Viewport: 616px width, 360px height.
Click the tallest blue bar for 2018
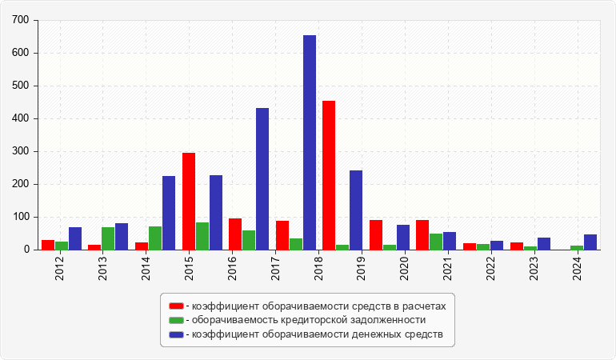[310, 142]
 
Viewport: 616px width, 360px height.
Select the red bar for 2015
[189, 201]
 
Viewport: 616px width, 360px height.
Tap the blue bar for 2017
[262, 178]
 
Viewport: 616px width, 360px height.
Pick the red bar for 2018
[329, 175]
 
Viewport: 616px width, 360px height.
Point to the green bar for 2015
[202, 236]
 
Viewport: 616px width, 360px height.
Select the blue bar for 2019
[356, 210]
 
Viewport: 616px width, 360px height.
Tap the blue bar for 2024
[590, 242]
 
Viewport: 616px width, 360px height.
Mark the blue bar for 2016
[216, 212]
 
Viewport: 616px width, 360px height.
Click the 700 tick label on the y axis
[21, 20]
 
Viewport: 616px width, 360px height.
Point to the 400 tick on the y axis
[21, 118]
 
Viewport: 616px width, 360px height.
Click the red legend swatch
[176, 306]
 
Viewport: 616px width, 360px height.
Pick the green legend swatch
[176, 320]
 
